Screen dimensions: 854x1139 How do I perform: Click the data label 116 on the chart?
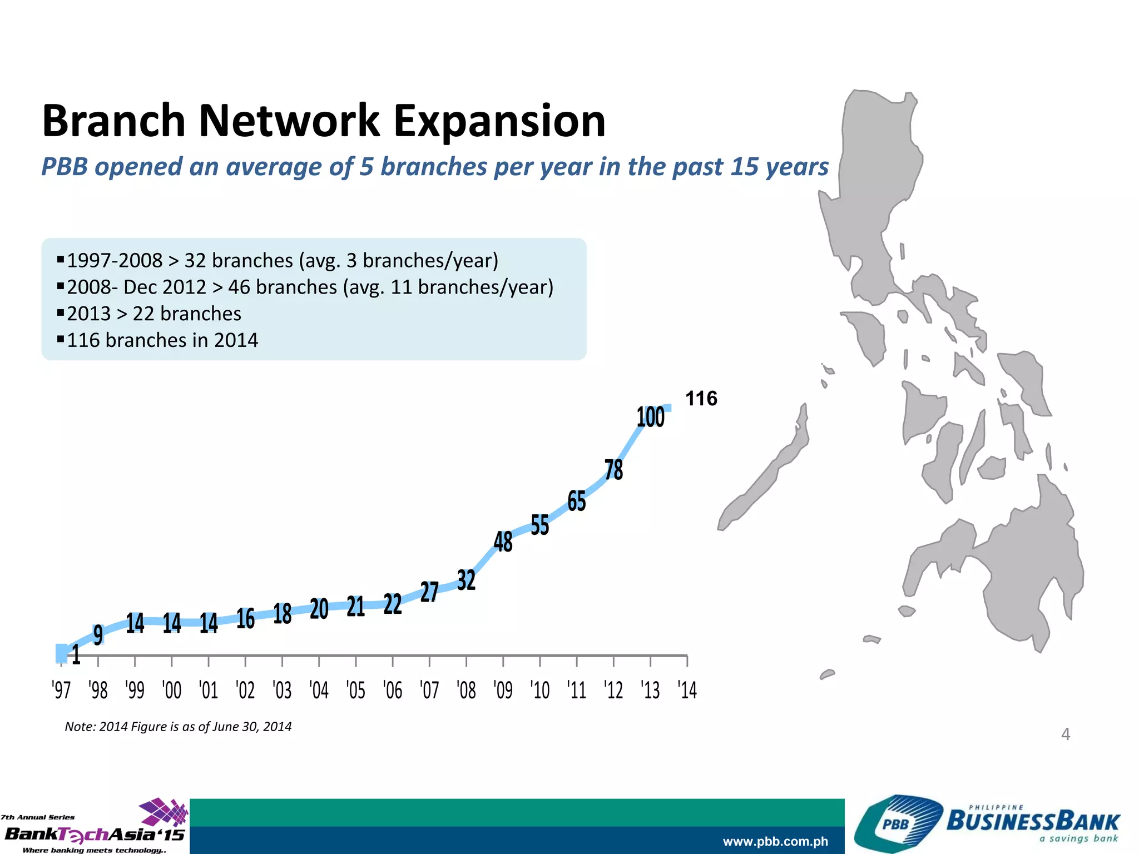point(701,399)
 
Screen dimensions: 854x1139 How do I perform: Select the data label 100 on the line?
point(650,417)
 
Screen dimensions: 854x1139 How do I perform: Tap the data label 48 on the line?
point(503,542)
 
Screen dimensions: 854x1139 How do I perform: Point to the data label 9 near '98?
point(98,634)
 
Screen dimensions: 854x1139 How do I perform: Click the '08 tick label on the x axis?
point(466,691)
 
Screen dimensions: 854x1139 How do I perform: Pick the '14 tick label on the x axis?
point(687,691)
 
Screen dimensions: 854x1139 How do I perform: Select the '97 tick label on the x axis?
point(61,691)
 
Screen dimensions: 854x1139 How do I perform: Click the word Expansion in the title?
point(499,121)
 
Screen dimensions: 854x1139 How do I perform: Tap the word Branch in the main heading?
point(113,121)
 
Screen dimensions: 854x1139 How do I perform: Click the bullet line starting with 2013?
point(153,314)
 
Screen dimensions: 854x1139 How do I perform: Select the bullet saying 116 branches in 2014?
point(162,340)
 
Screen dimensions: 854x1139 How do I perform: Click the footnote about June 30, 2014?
point(178,727)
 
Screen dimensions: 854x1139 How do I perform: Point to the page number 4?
point(1065,734)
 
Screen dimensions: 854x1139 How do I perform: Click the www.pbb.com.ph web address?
point(775,842)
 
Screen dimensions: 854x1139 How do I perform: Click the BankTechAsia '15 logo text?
point(95,834)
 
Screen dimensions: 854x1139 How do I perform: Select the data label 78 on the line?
point(613,470)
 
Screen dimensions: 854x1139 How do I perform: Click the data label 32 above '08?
point(466,580)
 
